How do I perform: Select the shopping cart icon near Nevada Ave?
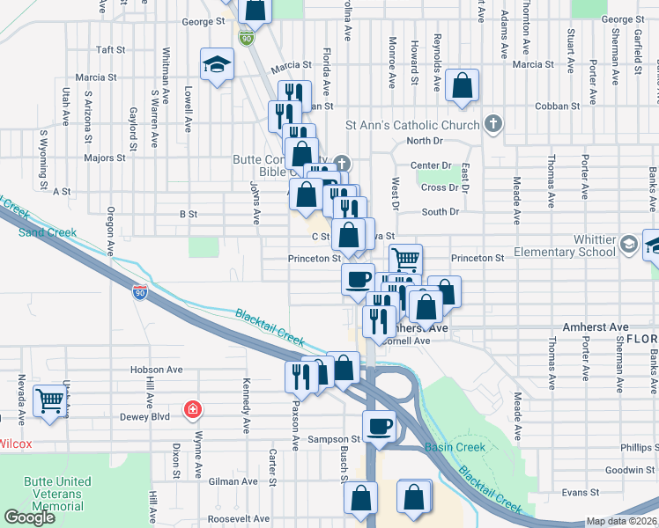[x=50, y=400]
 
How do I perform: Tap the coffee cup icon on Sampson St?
[x=380, y=427]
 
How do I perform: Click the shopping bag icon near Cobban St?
[x=462, y=85]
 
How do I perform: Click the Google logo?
[x=29, y=517]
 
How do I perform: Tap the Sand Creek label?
[x=48, y=232]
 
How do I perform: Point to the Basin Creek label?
[x=455, y=447]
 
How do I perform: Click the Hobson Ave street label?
[x=156, y=370]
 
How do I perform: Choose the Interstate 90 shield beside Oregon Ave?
[x=139, y=293]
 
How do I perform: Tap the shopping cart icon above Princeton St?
[x=405, y=259]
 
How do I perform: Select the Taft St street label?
[x=112, y=50]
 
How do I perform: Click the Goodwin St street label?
[x=633, y=470]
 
